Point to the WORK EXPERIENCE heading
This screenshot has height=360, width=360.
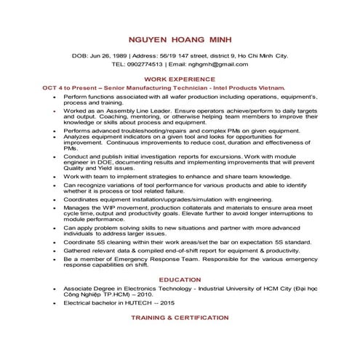click(x=180, y=77)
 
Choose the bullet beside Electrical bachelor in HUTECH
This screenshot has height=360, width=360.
click(x=55, y=302)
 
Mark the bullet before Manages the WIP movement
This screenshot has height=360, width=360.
click(x=55, y=207)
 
